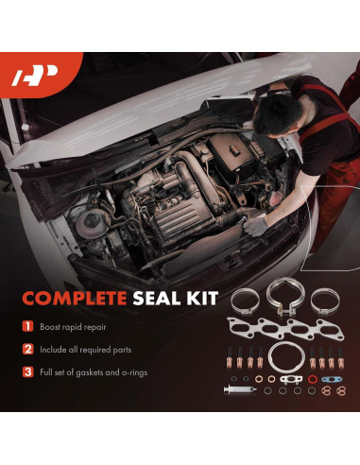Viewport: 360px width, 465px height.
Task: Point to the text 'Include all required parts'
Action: [x=86, y=349]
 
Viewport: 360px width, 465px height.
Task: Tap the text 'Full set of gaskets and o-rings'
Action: [x=98, y=371]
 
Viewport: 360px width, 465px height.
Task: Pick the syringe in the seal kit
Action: [x=240, y=388]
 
